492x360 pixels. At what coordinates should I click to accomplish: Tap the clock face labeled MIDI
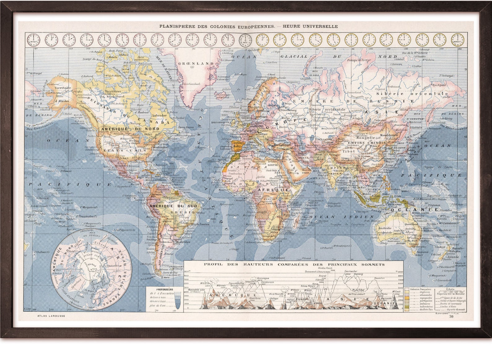[x=245, y=40]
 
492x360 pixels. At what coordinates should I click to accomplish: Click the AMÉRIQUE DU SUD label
[x=169, y=206]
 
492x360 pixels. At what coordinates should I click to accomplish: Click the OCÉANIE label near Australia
[x=415, y=209]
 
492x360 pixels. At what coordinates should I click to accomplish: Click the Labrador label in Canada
[x=159, y=115]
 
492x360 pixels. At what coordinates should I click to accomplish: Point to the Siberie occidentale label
[x=327, y=109]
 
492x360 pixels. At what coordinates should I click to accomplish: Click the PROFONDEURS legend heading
[x=165, y=289]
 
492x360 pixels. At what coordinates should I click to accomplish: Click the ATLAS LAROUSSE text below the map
[x=51, y=316]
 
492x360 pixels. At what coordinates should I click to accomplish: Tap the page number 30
[x=451, y=316]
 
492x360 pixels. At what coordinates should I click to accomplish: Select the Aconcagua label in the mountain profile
[x=262, y=278]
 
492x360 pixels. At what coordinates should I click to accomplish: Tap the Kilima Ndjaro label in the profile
[x=308, y=286]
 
